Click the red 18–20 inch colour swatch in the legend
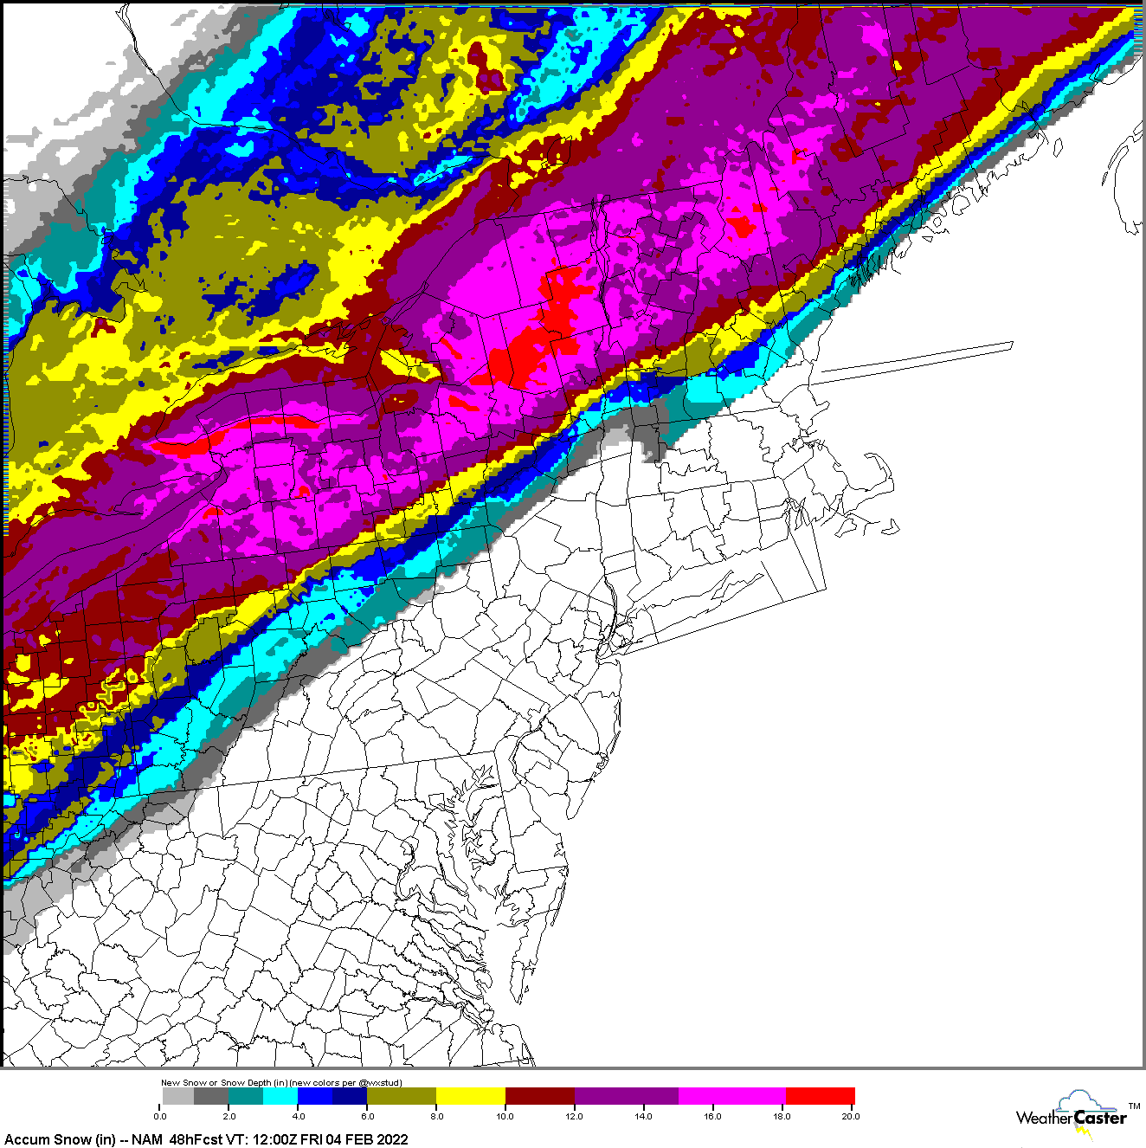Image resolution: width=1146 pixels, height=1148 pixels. coord(819,1096)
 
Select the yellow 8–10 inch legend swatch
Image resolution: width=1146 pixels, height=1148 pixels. coord(470,1096)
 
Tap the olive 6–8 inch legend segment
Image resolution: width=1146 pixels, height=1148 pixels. coord(401,1096)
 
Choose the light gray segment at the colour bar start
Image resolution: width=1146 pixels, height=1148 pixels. coord(177,1096)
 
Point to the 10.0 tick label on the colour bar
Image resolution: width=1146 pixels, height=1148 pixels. coord(505,1116)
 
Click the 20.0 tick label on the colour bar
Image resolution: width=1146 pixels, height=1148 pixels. coord(851,1116)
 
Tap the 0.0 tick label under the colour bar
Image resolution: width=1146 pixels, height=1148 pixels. coord(160,1116)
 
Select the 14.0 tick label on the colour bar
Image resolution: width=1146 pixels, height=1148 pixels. coord(643,1116)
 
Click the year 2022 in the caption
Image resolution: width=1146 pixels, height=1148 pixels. coord(391,1139)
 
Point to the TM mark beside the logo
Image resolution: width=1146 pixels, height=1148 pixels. coord(1134,1106)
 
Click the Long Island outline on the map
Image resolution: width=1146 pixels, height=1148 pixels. coord(692,601)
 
